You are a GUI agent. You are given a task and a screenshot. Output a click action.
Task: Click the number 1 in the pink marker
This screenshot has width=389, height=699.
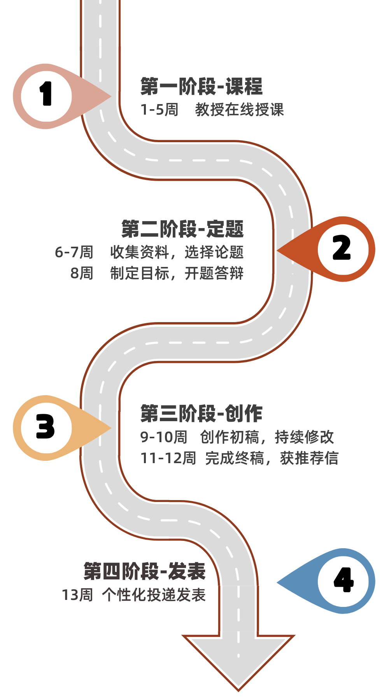[46, 94]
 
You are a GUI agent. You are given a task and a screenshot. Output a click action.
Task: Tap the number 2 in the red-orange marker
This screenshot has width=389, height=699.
[342, 248]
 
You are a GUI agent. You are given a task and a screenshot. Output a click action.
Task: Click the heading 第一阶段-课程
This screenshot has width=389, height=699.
[202, 86]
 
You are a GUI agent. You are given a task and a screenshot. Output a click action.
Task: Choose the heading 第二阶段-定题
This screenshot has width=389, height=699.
[183, 228]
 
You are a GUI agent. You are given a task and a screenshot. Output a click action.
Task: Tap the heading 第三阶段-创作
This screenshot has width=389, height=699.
[202, 413]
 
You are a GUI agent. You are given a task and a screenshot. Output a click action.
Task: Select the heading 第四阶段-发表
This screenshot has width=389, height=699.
[145, 571]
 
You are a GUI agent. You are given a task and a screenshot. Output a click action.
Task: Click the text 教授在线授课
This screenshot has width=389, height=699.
[239, 110]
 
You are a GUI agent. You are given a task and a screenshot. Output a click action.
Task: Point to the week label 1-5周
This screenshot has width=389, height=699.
[159, 110]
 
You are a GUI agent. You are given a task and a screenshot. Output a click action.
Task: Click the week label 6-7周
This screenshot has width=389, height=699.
[74, 252]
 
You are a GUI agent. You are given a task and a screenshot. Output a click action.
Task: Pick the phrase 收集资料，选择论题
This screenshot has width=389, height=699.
[177, 252]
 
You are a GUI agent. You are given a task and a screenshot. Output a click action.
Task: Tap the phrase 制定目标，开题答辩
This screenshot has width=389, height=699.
[177, 273]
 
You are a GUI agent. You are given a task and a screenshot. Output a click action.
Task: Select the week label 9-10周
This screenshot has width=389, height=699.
[164, 437]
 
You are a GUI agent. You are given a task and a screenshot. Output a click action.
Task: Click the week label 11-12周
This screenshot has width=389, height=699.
[168, 458]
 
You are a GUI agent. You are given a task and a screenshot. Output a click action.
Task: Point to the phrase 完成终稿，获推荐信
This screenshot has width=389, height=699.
[272, 458]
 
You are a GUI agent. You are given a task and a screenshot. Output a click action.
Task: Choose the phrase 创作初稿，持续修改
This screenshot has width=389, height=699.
[267, 437]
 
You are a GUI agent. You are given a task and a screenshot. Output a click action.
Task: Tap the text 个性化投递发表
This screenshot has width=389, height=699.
[154, 595]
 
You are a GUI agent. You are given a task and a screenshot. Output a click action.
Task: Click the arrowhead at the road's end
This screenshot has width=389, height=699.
[238, 661]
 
